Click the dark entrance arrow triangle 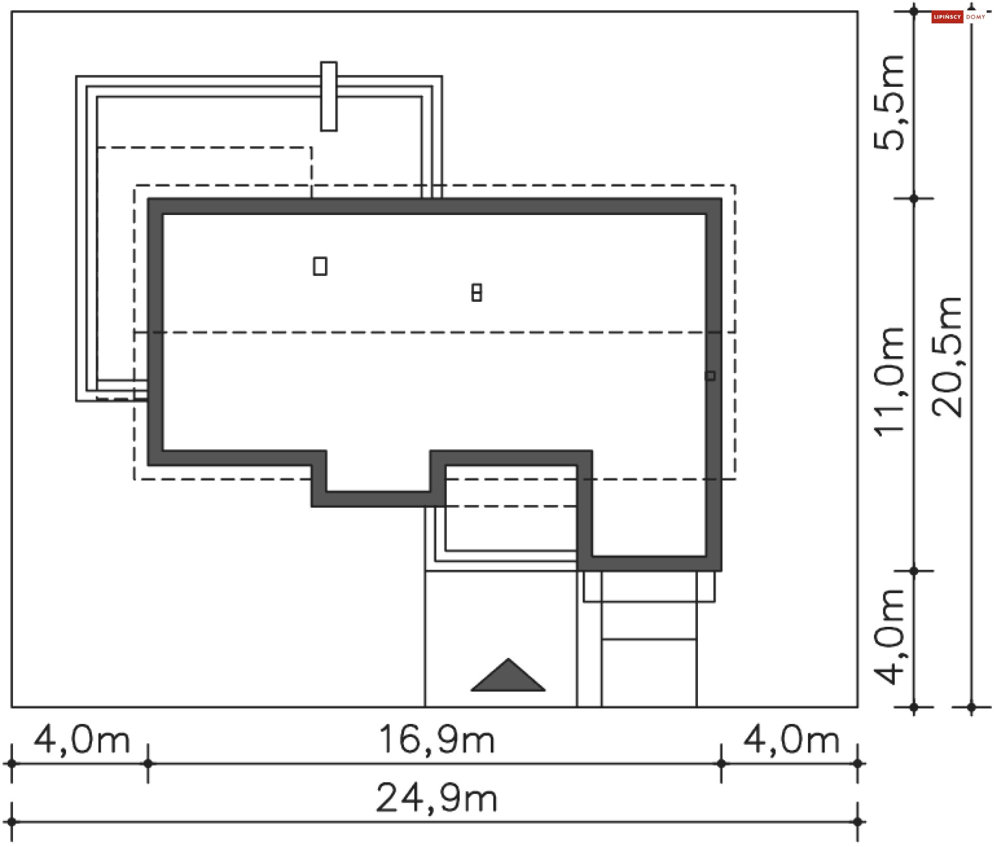(x=508, y=678)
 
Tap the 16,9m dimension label (x=436, y=740)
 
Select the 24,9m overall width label (x=436, y=798)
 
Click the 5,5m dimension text (x=889, y=103)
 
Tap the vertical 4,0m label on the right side (x=889, y=637)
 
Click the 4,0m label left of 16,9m (x=82, y=740)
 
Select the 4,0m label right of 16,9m (x=791, y=740)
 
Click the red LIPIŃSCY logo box (x=947, y=17)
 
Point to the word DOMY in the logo (x=976, y=17)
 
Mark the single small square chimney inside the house (x=320, y=266)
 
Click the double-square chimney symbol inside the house (x=476, y=292)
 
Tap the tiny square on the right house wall (x=710, y=375)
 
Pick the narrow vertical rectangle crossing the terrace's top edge (x=328, y=97)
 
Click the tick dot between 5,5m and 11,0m (x=914, y=198)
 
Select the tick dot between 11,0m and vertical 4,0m (x=914, y=571)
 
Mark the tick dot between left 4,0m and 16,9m (x=148, y=763)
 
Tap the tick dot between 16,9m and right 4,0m (x=721, y=763)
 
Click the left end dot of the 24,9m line (x=11, y=822)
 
